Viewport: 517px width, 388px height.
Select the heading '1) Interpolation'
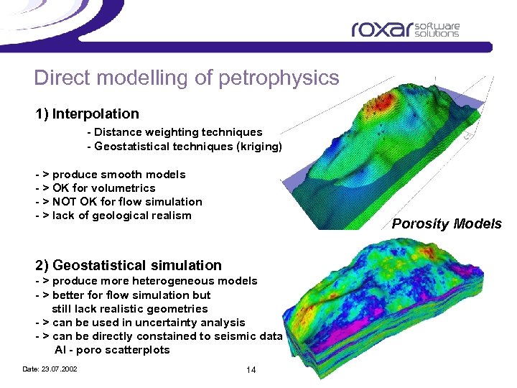[88, 114]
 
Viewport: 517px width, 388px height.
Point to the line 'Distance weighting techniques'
[174, 132]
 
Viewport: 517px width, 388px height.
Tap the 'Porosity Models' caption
[447, 224]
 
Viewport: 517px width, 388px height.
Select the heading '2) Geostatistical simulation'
[129, 266]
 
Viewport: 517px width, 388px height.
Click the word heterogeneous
[169, 281]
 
